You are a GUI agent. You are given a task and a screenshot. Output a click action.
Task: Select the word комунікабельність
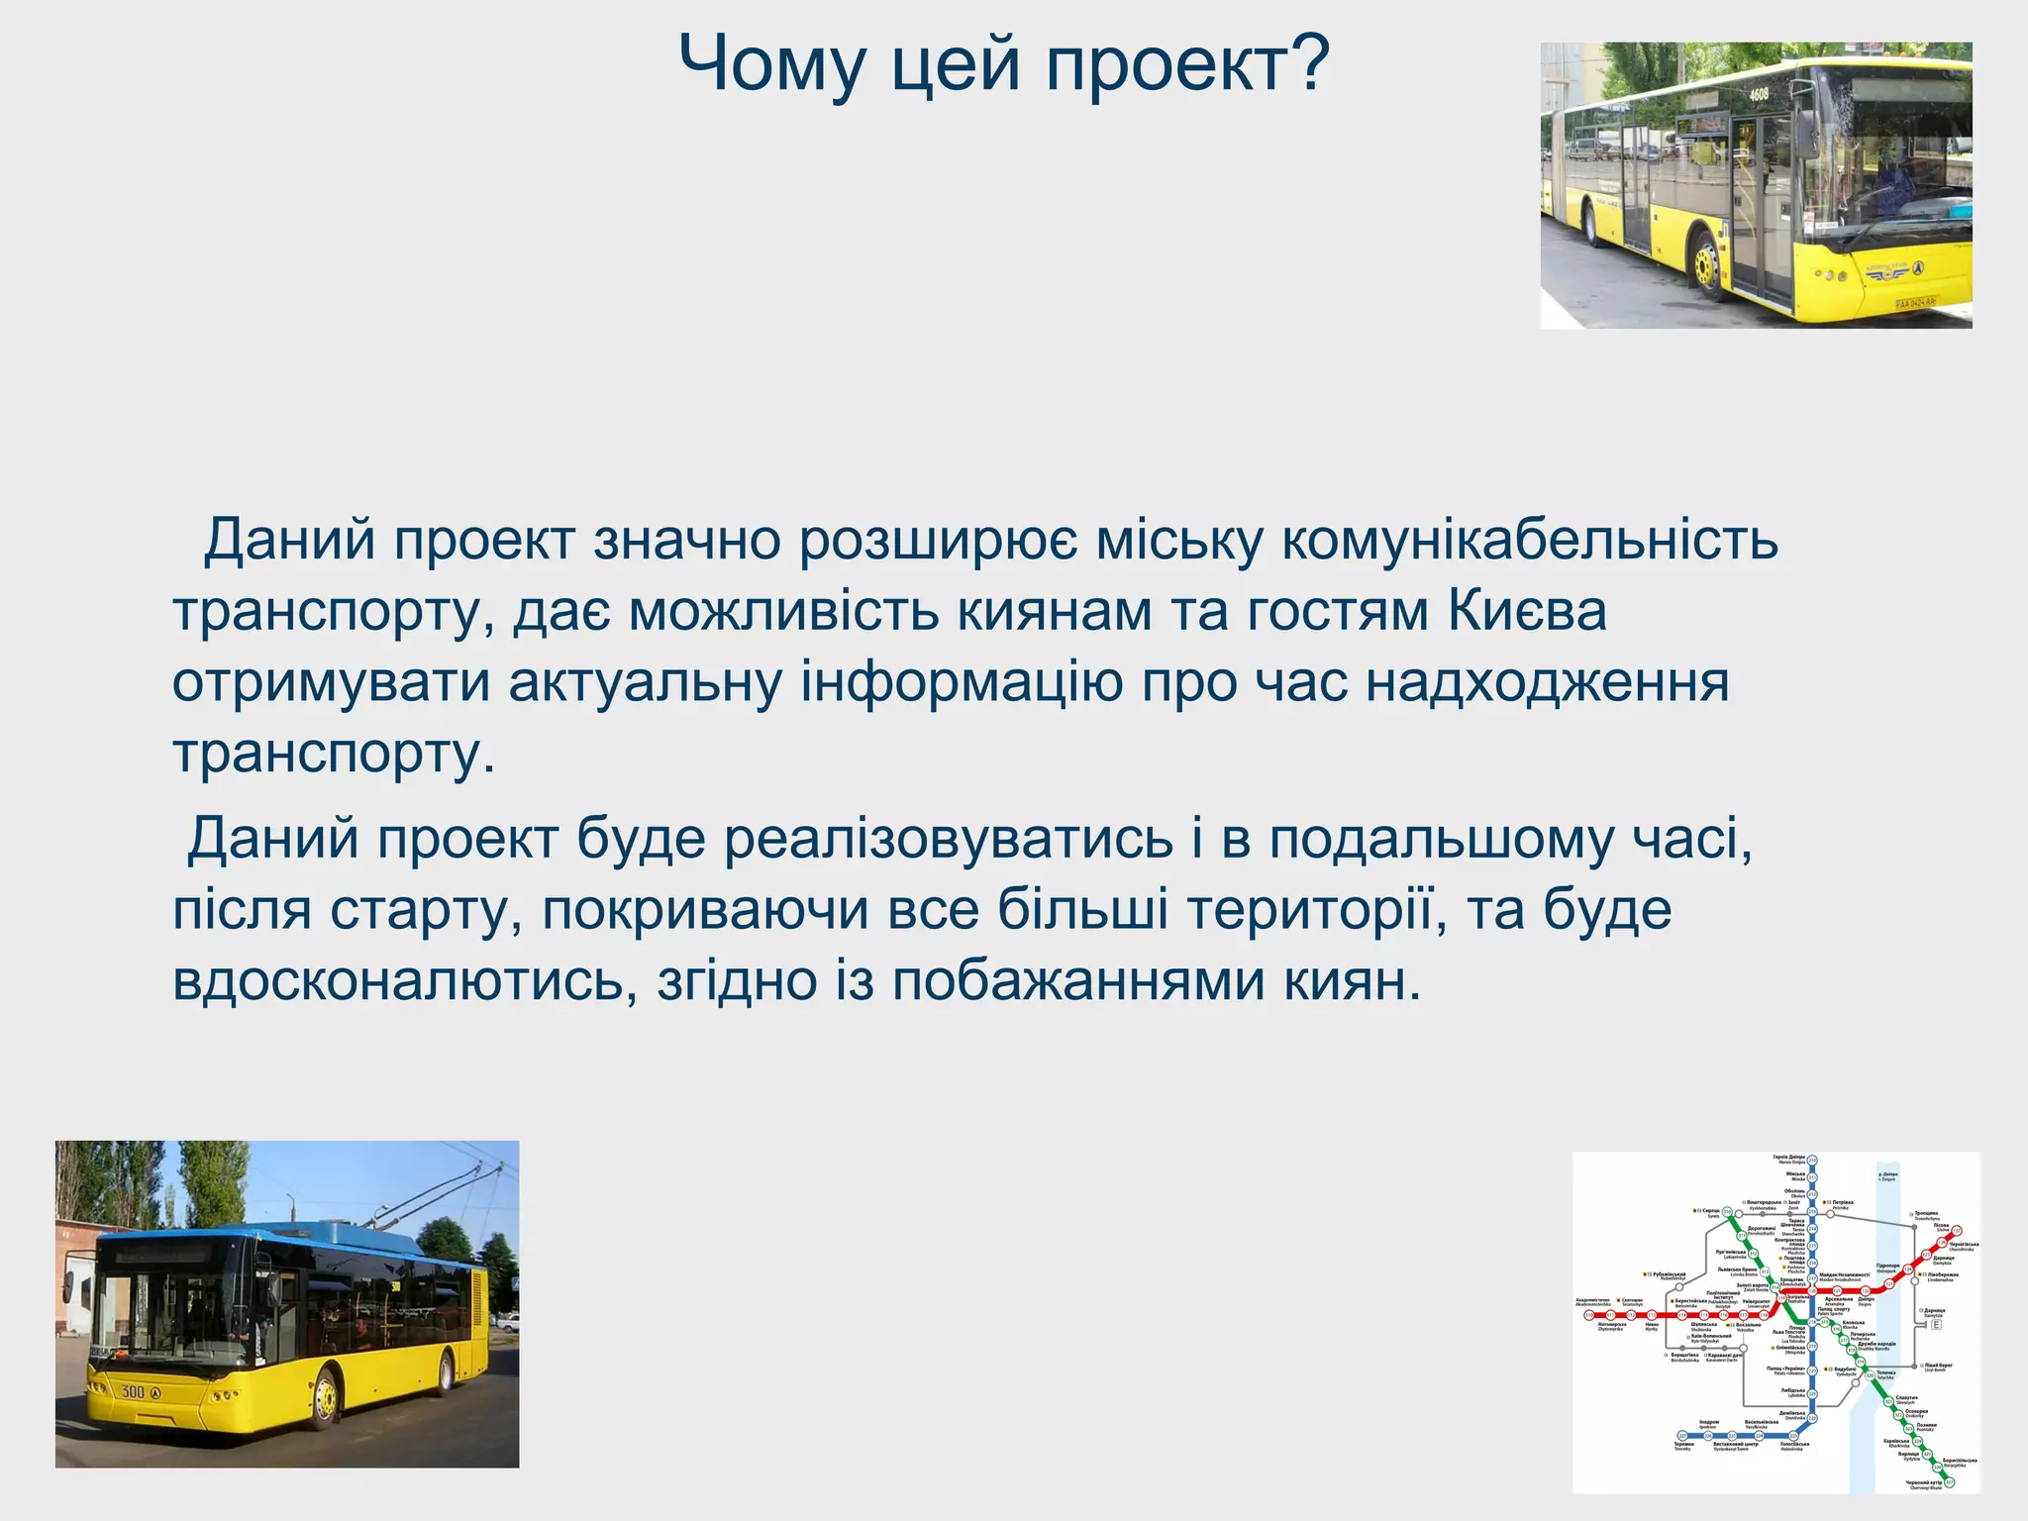(1530, 541)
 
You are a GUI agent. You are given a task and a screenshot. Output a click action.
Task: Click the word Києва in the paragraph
(1527, 611)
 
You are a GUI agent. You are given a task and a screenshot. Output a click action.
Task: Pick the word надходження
(1547, 683)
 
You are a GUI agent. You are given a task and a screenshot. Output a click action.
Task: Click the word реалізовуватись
(949, 839)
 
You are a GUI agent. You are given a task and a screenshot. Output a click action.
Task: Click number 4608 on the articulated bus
(1758, 95)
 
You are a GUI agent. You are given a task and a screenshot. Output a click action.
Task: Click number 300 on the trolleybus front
(133, 1391)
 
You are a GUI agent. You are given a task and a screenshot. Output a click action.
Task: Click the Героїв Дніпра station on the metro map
(1812, 1161)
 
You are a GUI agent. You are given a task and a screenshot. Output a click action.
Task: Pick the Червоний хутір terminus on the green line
(1949, 1482)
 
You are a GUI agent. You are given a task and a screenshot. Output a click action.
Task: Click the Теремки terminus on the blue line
(1682, 1436)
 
